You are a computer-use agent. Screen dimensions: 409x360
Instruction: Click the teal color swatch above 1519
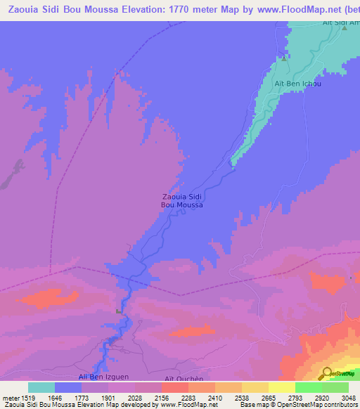coord(41,387)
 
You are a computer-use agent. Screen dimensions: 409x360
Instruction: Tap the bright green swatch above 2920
coord(309,387)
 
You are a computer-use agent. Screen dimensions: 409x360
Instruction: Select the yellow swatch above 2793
coord(282,387)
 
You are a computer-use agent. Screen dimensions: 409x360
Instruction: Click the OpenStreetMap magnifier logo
coord(326,373)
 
